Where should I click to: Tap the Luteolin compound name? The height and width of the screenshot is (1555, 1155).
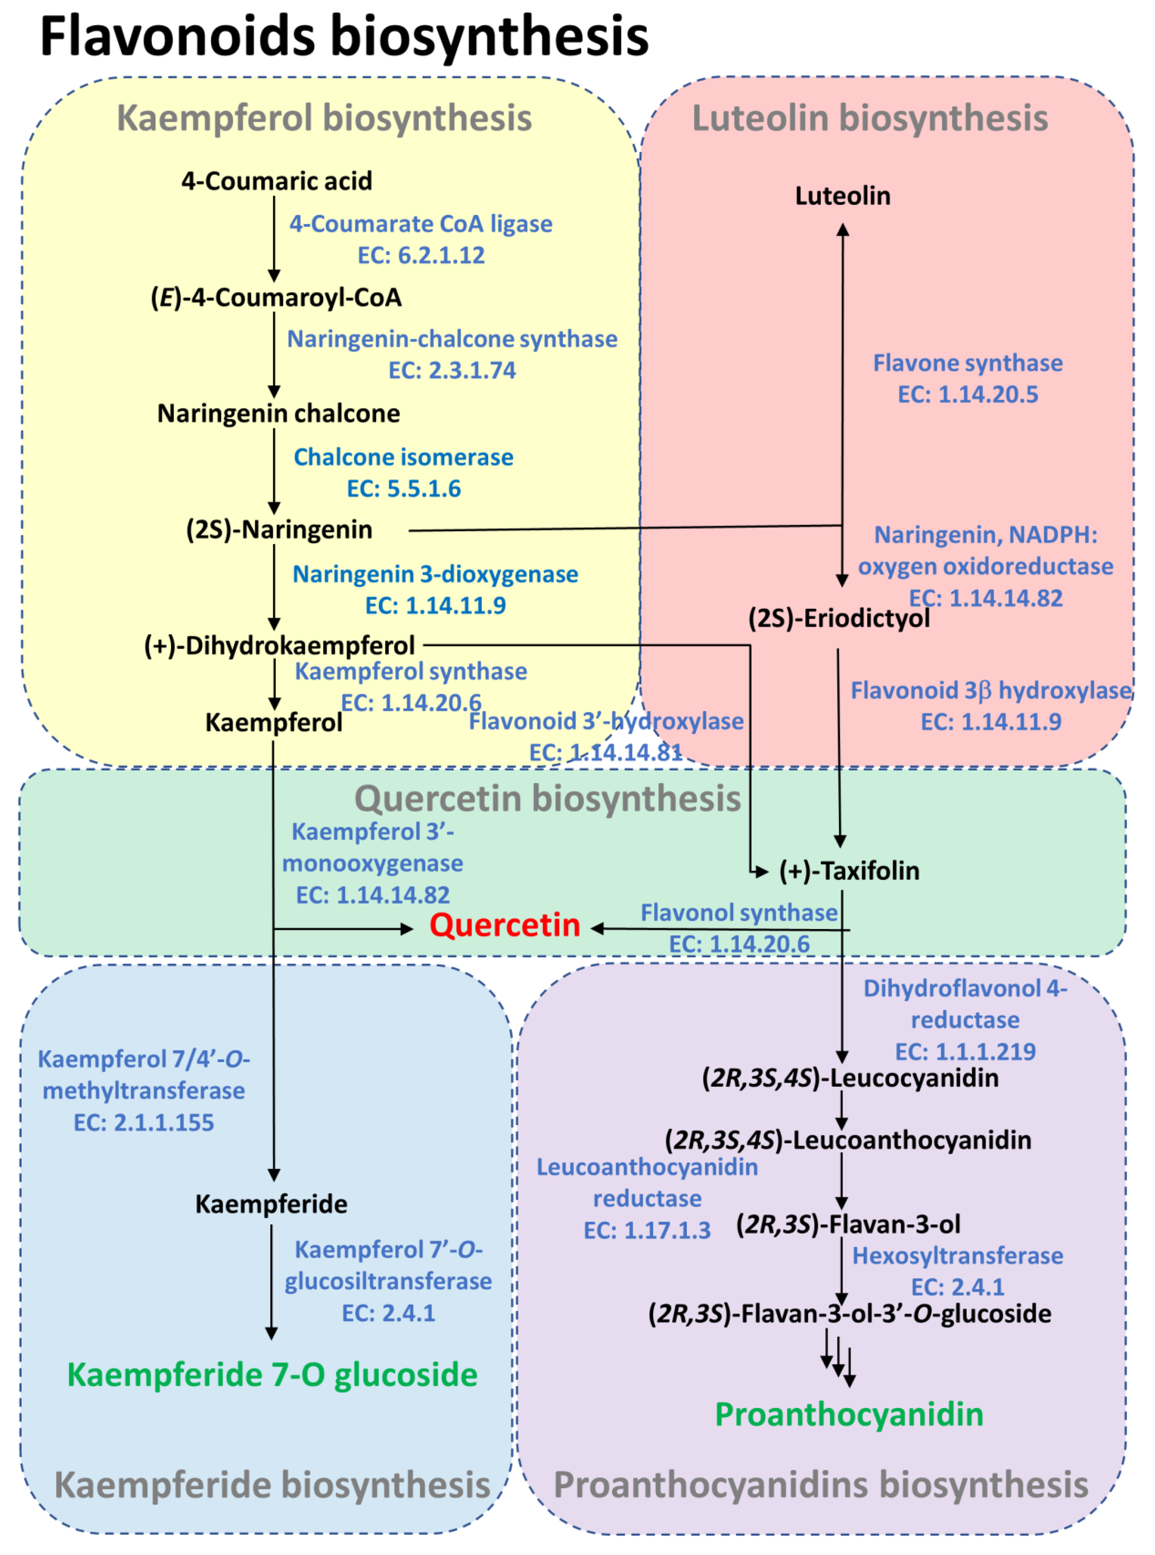click(x=843, y=196)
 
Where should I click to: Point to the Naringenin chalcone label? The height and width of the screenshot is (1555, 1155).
click(x=278, y=414)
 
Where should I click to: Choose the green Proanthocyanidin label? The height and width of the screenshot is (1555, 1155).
click(x=849, y=1414)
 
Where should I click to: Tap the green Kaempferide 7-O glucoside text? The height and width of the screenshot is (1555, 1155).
click(x=272, y=1375)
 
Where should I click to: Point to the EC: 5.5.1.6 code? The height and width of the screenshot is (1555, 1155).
click(x=404, y=488)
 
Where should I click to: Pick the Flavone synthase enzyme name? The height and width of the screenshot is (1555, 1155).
click(x=968, y=363)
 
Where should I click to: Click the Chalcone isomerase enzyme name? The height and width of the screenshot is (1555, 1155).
click(x=404, y=457)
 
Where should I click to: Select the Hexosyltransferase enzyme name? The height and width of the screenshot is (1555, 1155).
click(x=957, y=1256)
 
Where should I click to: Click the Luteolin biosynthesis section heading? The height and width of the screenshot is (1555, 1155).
click(x=870, y=118)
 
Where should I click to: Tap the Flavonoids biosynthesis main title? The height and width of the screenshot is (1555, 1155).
click(x=344, y=36)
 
